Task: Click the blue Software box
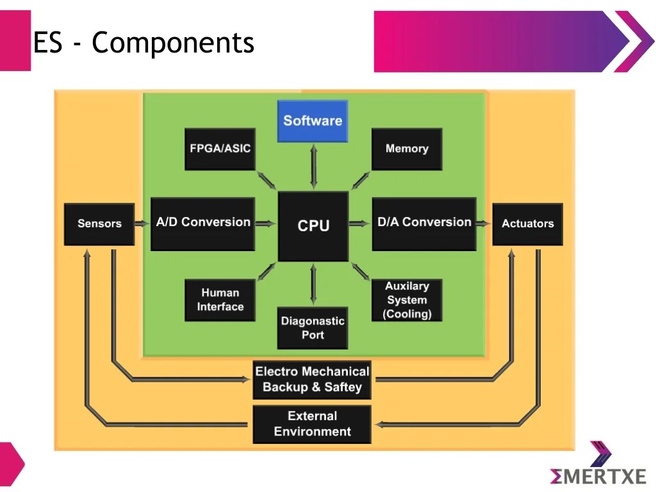313,121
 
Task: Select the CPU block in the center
313,225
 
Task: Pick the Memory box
407,149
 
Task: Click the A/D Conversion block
203,223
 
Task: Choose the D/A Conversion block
424,223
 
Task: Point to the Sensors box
99,224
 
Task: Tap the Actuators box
527,224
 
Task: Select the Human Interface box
220,300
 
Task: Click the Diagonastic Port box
313,328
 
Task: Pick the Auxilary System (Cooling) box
407,300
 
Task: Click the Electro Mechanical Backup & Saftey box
312,379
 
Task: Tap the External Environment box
312,424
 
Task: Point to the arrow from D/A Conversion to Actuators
484,224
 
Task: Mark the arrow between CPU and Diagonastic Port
313,284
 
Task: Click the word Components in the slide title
173,44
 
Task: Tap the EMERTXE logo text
598,476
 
